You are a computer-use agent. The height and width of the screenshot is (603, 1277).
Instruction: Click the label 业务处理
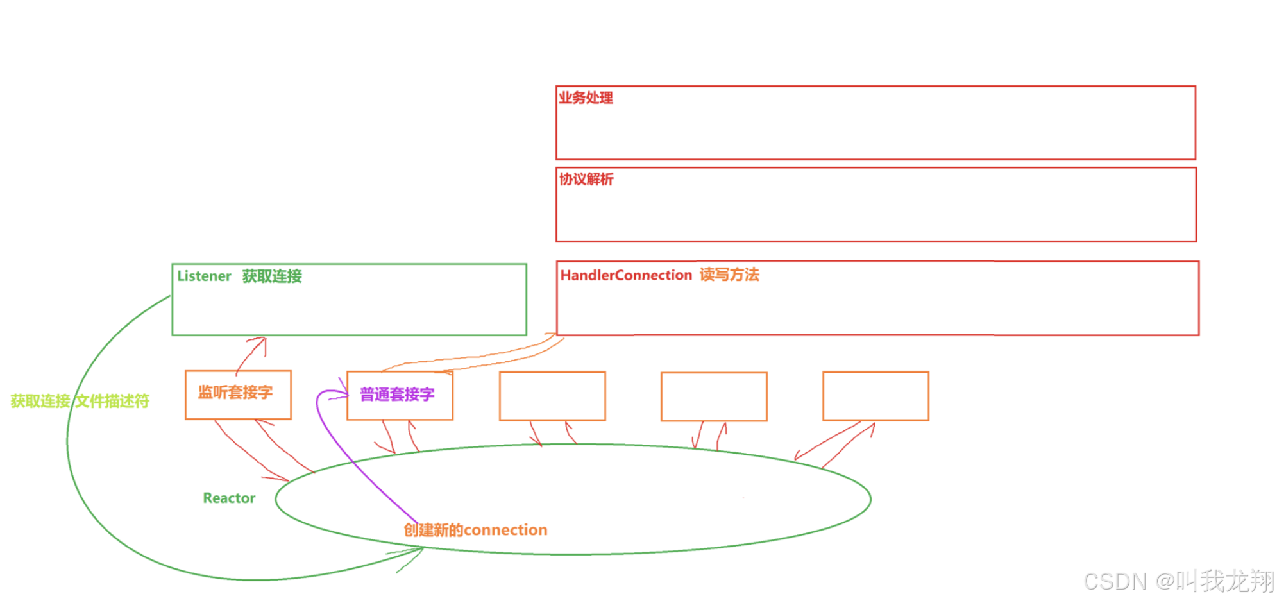coord(586,98)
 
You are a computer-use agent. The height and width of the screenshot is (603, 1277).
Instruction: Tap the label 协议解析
coord(586,180)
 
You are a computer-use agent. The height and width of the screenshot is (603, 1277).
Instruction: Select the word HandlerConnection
coord(626,275)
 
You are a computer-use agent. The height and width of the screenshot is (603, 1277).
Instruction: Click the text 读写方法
coord(729,275)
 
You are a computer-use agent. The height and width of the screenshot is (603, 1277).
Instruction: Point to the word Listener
coord(204,276)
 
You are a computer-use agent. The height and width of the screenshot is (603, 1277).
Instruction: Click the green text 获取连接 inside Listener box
coord(272,276)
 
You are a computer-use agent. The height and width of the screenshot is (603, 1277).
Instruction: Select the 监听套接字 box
coord(238,395)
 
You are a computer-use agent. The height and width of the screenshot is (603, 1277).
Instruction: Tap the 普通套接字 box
coord(400,395)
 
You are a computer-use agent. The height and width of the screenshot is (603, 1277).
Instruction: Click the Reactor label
coord(229,498)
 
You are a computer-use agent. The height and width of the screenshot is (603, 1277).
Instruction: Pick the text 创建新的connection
coord(475,530)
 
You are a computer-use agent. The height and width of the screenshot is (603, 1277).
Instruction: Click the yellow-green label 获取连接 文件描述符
coord(80,402)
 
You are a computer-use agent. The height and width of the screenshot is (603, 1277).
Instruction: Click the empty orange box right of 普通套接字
coord(552,396)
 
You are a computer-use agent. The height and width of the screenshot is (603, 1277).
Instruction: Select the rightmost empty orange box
coord(875,396)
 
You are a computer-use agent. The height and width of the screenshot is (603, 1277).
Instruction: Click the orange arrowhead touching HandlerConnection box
coord(552,334)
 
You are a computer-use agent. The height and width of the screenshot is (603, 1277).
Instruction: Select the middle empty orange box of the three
coord(714,396)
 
